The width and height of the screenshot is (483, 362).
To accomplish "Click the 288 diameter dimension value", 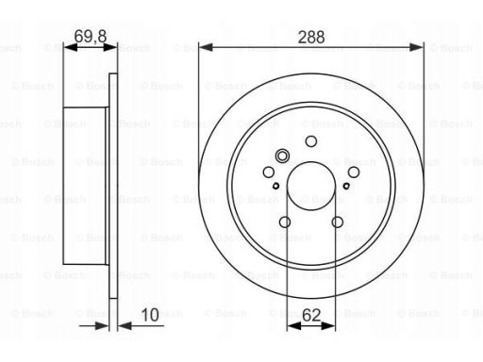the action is [311, 37].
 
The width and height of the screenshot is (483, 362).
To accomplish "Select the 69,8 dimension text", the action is [91, 36].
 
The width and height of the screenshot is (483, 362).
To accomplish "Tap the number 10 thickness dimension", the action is [150, 315].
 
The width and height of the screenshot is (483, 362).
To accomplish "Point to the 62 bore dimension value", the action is [311, 315].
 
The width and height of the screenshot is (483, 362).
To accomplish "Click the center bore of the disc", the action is [311, 186].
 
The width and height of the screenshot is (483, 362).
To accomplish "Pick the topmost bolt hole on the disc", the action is [311, 141].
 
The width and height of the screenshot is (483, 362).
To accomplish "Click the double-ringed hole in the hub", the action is [282, 156].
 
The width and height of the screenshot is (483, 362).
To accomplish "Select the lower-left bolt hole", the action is [285, 222].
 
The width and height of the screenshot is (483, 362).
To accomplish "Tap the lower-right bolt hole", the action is [338, 222].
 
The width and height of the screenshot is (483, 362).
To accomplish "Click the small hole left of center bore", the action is [275, 186].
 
